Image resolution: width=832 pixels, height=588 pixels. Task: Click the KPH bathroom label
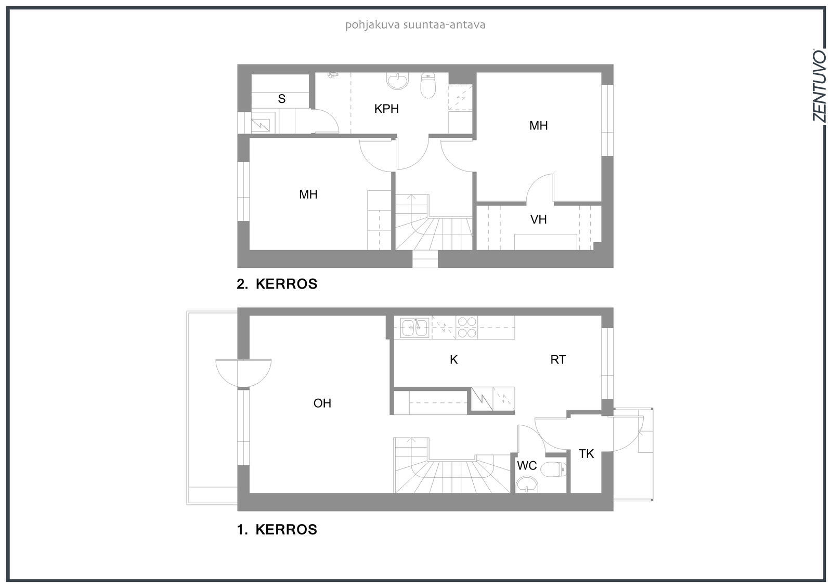click(386, 109)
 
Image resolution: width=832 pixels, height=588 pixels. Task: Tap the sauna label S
click(281, 99)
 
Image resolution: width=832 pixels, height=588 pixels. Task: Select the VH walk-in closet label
click(538, 219)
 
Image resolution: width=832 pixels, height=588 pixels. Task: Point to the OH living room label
click(322, 403)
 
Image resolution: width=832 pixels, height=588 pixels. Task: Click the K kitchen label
click(453, 360)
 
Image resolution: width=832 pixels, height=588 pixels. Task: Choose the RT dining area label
click(558, 360)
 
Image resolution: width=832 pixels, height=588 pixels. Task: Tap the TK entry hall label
click(586, 453)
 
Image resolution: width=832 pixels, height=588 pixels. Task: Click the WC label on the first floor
click(527, 465)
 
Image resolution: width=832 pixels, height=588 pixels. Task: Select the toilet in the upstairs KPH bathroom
click(428, 85)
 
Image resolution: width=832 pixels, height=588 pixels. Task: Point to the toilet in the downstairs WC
click(553, 469)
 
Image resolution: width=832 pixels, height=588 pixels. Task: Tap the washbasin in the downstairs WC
click(527, 485)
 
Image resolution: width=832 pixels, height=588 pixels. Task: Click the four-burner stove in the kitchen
click(467, 327)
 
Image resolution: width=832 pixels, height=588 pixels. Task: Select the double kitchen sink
click(414, 328)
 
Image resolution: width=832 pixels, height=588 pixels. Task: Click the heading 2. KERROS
click(277, 284)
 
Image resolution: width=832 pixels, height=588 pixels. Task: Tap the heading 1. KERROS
click(277, 530)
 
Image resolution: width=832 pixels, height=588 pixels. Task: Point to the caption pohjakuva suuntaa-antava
click(415, 25)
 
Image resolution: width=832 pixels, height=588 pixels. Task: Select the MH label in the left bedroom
click(308, 194)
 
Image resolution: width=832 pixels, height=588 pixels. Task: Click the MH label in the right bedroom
click(538, 125)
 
